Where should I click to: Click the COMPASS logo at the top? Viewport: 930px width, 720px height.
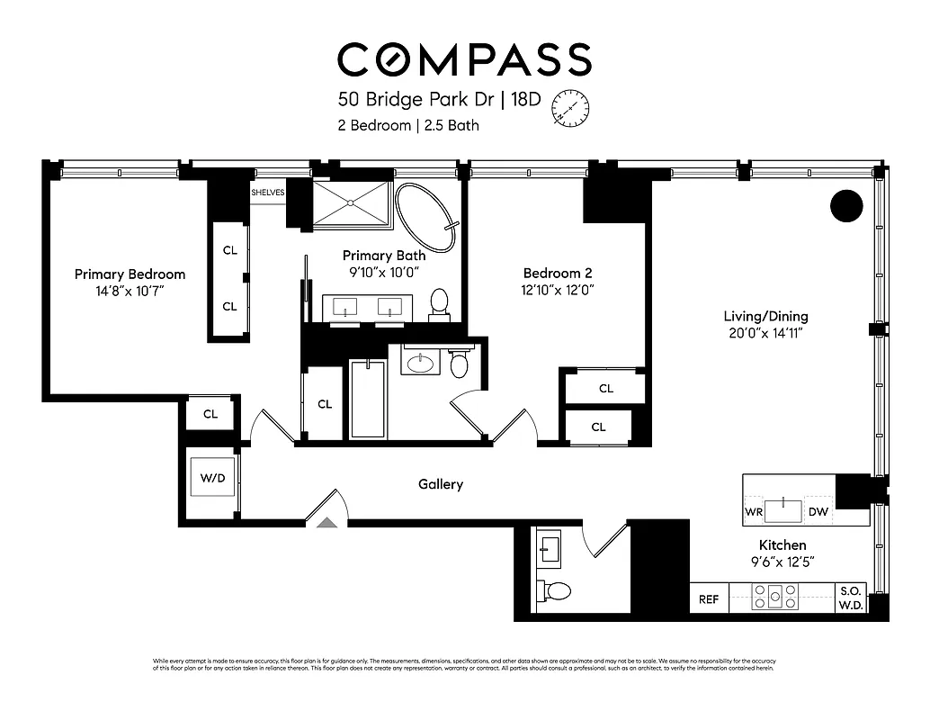click(x=464, y=59)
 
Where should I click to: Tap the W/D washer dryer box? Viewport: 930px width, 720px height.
click(x=212, y=478)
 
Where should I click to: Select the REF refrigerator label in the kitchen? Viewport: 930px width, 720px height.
click(x=709, y=599)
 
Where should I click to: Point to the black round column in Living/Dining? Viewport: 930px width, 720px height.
click(x=845, y=206)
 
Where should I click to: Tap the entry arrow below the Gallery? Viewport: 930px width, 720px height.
click(x=326, y=521)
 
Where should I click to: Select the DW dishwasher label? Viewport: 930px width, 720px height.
click(x=818, y=512)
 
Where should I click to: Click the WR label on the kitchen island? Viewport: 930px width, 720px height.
click(x=754, y=512)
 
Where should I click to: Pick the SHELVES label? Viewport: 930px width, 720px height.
click(x=267, y=193)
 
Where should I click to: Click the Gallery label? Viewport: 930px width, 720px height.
click(x=441, y=484)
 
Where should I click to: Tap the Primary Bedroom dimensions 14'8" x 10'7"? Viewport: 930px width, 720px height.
click(x=130, y=292)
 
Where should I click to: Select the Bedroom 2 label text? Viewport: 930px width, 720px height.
click(x=558, y=273)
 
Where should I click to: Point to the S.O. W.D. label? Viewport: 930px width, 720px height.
click(x=851, y=598)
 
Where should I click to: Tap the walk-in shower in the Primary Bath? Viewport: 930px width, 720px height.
click(x=352, y=203)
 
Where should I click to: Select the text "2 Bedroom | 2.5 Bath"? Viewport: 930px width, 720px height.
click(x=408, y=125)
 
